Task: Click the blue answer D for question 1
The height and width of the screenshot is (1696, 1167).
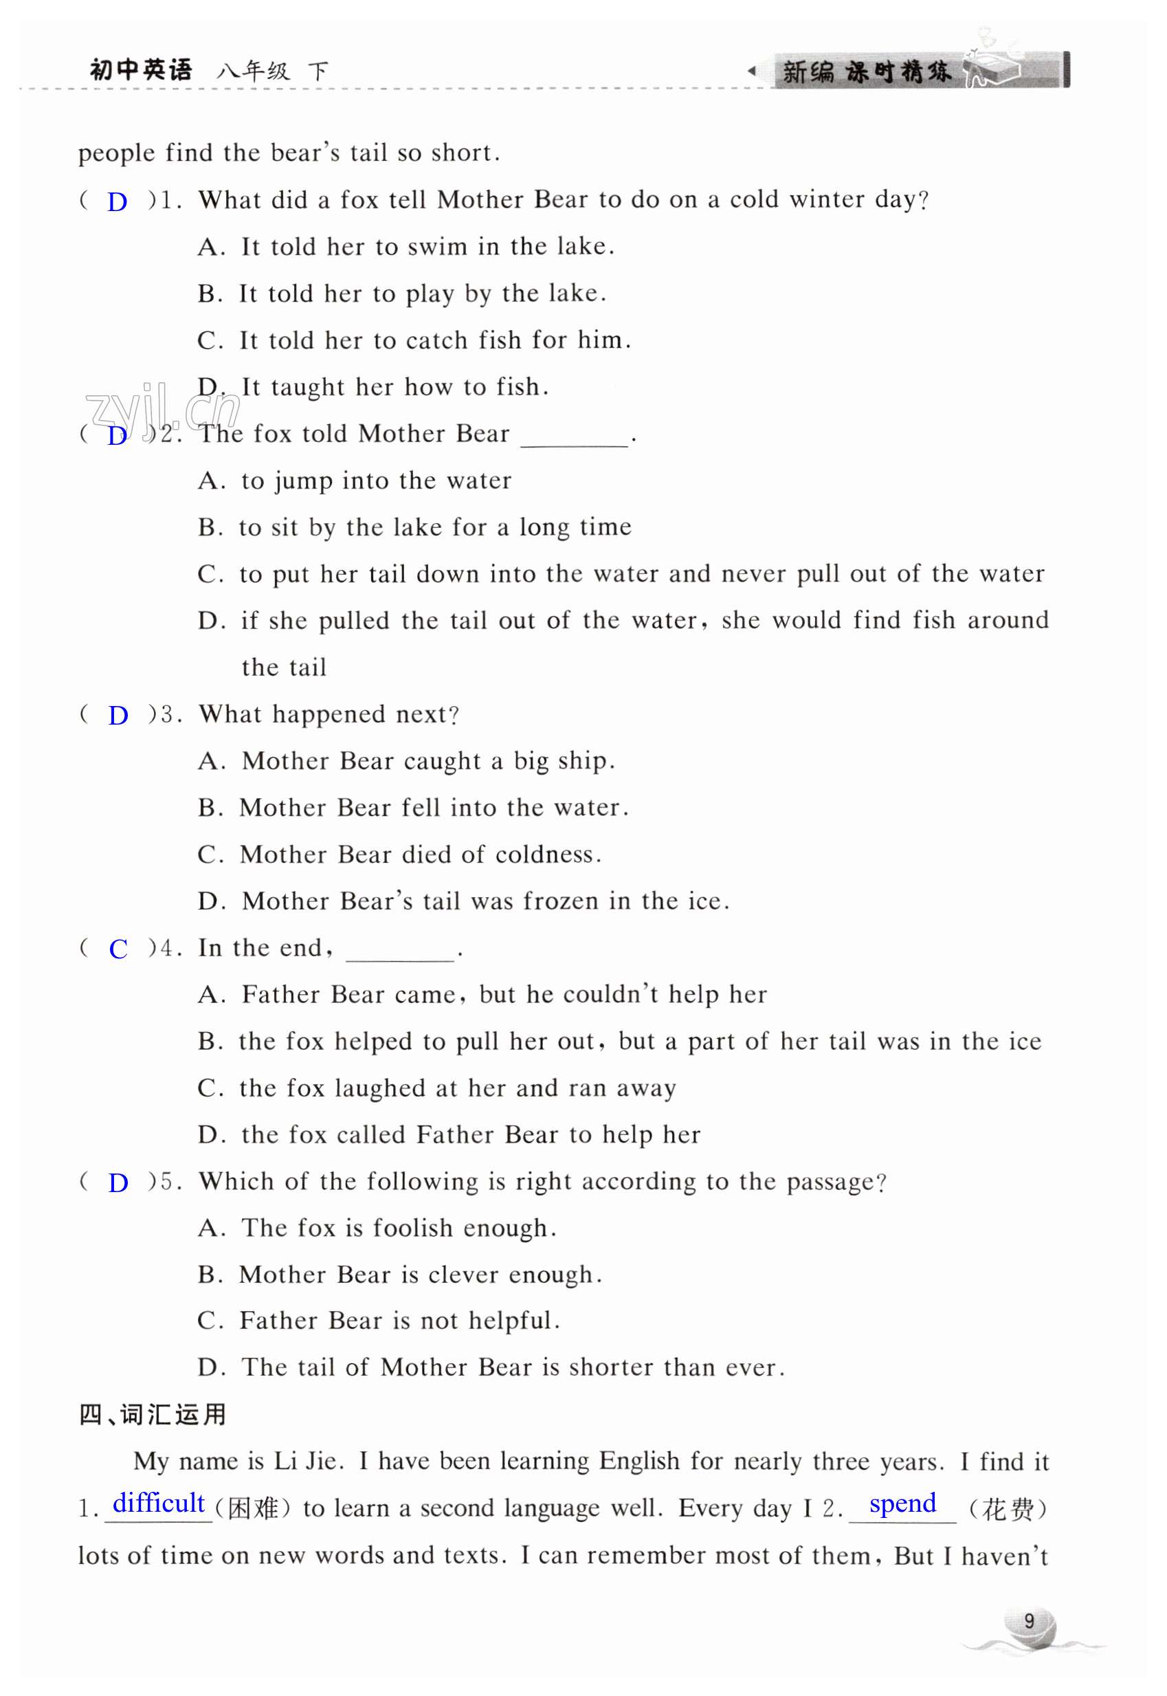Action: coord(117,202)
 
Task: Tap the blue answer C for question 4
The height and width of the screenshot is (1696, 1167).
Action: coord(118,949)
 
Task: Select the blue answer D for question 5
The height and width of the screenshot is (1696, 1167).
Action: coord(118,1182)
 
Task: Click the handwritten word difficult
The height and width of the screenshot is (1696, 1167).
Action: coord(159,1503)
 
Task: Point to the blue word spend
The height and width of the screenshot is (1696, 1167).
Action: coord(902,1503)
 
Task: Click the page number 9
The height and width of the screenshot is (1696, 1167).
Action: coord(1029,1620)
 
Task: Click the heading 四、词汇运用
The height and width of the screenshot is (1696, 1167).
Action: coord(152,1415)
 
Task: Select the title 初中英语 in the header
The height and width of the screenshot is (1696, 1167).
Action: coord(141,70)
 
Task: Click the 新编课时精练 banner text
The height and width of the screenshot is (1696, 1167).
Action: coord(866,71)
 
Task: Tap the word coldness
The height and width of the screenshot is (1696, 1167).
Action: coord(545,855)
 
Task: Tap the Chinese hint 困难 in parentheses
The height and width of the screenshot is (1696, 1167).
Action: coord(253,1509)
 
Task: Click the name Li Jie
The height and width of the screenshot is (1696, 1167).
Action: coord(305,1462)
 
